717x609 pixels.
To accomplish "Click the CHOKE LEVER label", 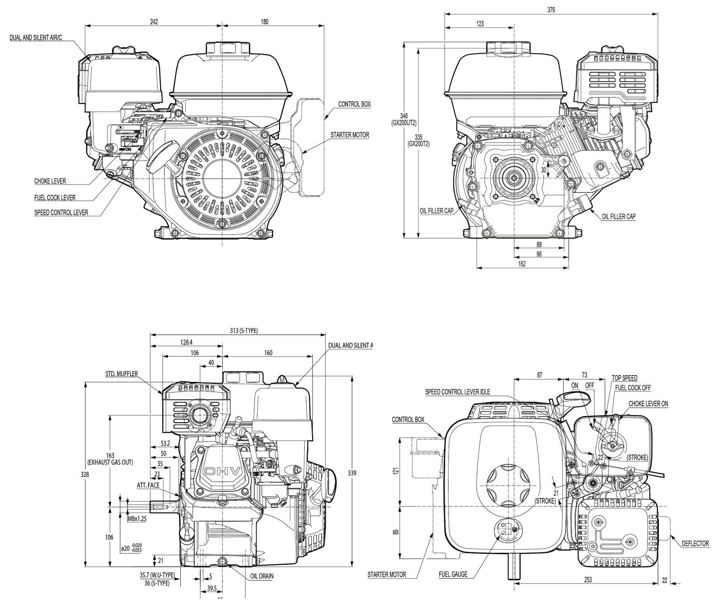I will coord(50,181).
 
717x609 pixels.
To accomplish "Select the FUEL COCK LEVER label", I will coord(55,198).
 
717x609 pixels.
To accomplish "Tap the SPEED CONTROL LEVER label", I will coord(61,213).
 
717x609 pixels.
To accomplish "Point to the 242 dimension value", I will coord(154,22).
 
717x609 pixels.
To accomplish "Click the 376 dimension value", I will coord(551,10).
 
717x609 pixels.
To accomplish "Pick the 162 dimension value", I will coord(522,263).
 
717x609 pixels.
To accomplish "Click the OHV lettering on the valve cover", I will coord(222,472).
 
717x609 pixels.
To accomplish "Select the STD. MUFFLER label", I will coord(122,374).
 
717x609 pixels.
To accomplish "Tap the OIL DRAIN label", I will coord(262,576).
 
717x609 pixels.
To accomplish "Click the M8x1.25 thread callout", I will coord(137,519).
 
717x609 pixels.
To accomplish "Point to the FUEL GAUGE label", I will coord(453,574).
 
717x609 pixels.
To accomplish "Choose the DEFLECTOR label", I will coord(695,544).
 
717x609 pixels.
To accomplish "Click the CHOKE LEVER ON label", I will coord(648,403).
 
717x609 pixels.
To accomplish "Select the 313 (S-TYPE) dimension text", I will coord(244,330).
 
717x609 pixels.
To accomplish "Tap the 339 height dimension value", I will coord(352,473).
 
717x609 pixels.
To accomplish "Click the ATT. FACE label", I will coord(148,485).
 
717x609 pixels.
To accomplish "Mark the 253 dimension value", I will coord(588,579).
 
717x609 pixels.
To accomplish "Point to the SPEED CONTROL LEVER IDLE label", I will coord(457,392).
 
